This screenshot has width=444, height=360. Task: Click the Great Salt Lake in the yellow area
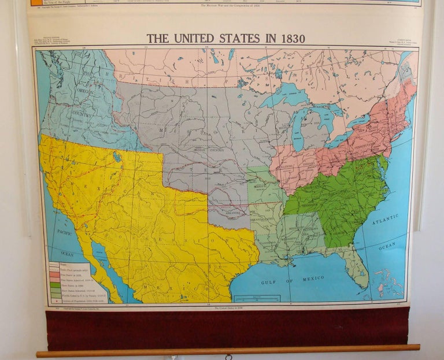click(x=117, y=157)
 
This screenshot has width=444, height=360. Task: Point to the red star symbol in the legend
click(x=54, y=301)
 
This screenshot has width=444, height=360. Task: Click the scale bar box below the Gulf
click(x=257, y=298)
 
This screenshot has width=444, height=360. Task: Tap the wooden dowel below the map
click(x=228, y=350)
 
